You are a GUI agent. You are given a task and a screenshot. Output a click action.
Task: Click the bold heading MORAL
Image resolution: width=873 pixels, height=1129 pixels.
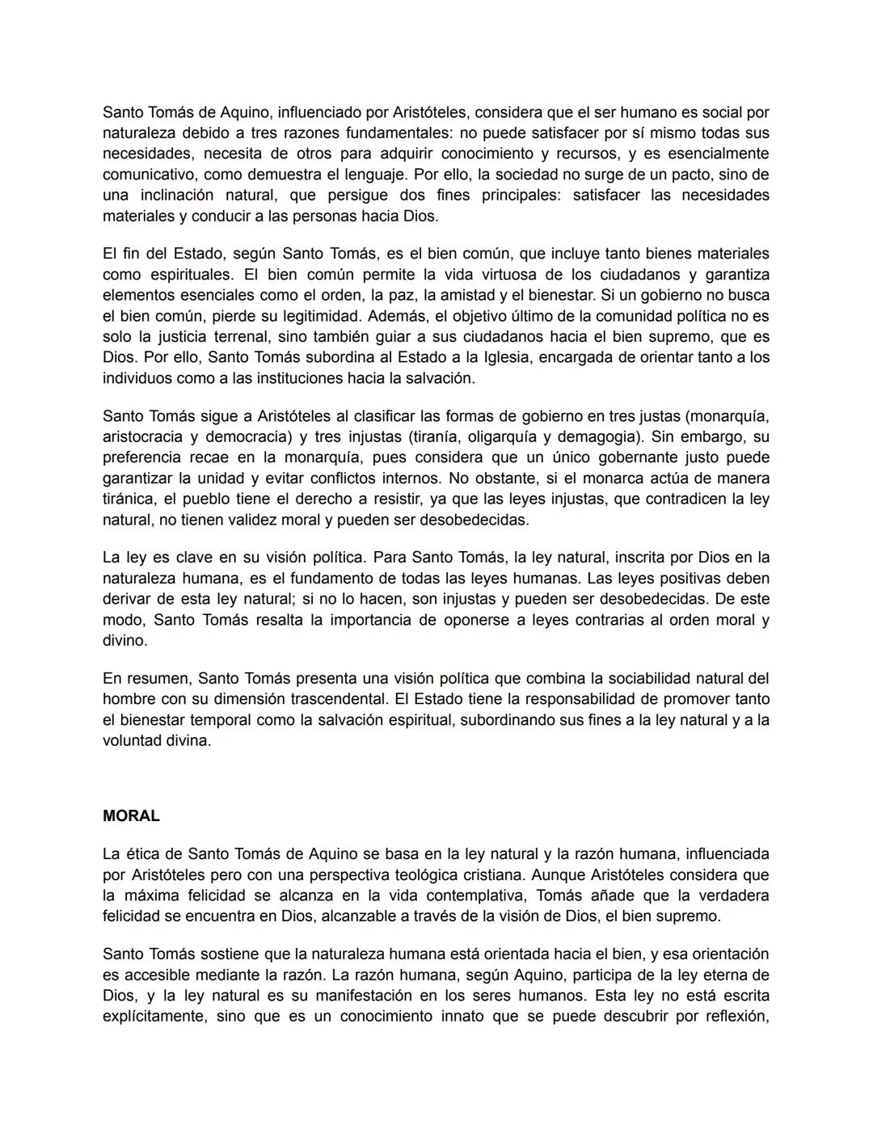click(x=131, y=816)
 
